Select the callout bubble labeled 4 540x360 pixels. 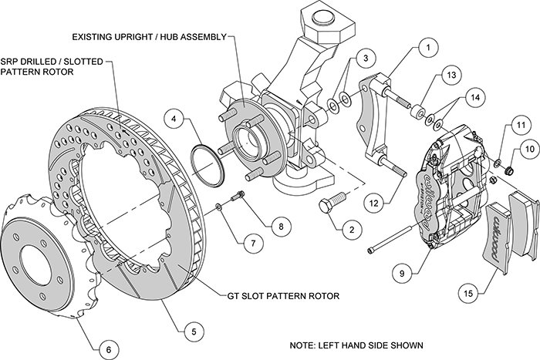(x=177, y=120)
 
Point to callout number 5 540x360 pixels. (x=187, y=331)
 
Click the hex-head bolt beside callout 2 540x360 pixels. (x=329, y=186)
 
